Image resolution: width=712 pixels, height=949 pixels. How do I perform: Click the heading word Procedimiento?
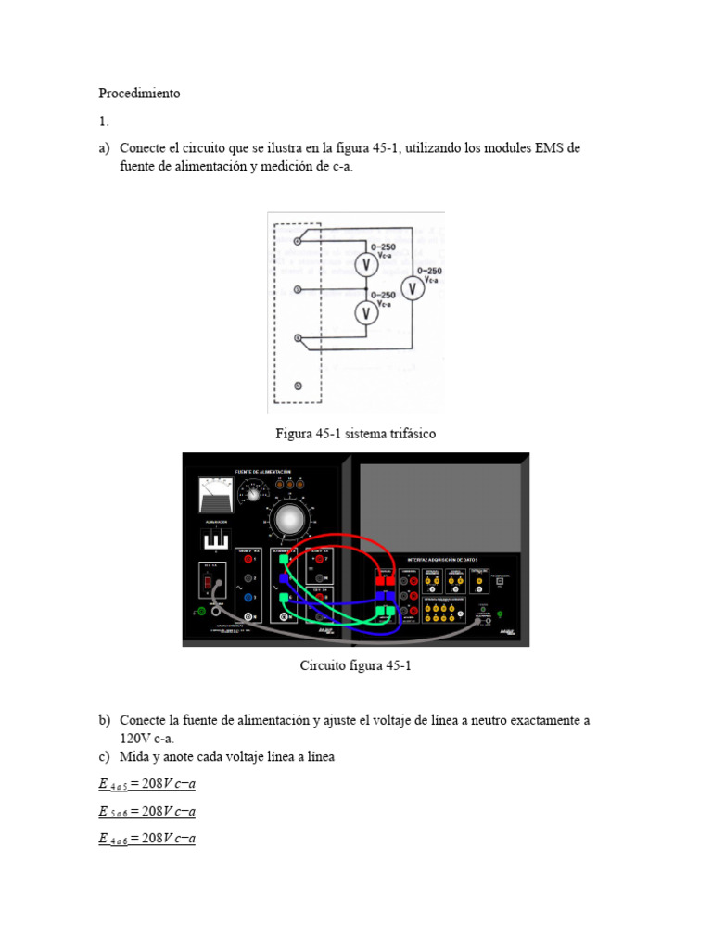139,94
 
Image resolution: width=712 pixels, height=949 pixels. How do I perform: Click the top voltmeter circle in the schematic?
366,265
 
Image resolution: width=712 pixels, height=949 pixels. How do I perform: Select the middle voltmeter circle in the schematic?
366,312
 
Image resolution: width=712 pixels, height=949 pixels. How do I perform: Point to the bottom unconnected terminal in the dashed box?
297,385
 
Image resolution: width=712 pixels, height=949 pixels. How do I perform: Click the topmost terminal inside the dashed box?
296,241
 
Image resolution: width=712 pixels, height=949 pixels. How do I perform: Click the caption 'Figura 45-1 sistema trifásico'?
355,434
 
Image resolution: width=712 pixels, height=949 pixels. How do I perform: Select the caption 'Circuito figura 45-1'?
355,665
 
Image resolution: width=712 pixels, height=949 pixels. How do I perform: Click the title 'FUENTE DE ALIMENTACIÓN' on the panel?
270,471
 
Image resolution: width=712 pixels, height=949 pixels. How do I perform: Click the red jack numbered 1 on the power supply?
248,559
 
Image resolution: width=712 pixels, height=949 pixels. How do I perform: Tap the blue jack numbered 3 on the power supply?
248,598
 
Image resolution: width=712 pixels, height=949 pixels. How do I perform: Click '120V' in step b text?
136,739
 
